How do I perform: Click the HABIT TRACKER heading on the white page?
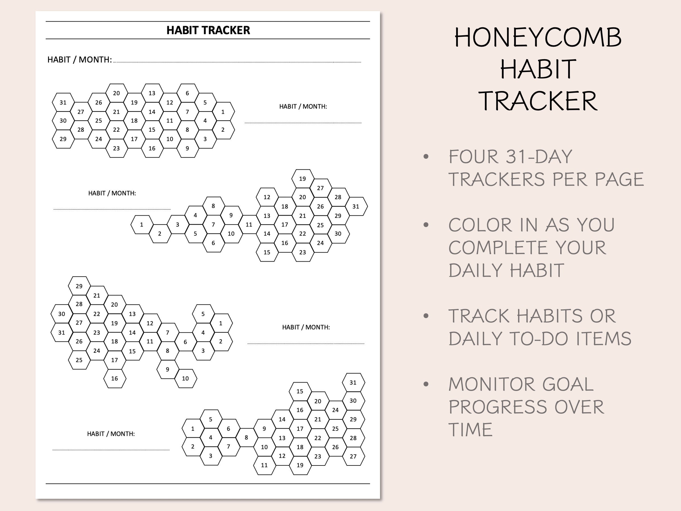[x=208, y=30]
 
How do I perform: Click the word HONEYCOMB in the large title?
[x=538, y=38]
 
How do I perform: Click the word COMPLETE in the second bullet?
[x=499, y=248]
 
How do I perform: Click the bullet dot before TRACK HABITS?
[x=426, y=316]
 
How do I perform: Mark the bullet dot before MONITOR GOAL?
[x=426, y=384]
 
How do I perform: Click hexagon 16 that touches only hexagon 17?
[x=115, y=378]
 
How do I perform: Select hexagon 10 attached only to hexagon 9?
[x=185, y=378]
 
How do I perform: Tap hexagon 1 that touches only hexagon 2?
[x=142, y=225]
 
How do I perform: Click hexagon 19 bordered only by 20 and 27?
[x=303, y=179]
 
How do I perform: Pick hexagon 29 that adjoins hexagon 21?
[x=79, y=286]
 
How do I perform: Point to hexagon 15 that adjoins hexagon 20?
[x=300, y=392]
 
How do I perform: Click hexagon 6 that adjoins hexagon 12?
[x=188, y=93]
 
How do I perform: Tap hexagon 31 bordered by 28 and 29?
[x=356, y=207]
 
